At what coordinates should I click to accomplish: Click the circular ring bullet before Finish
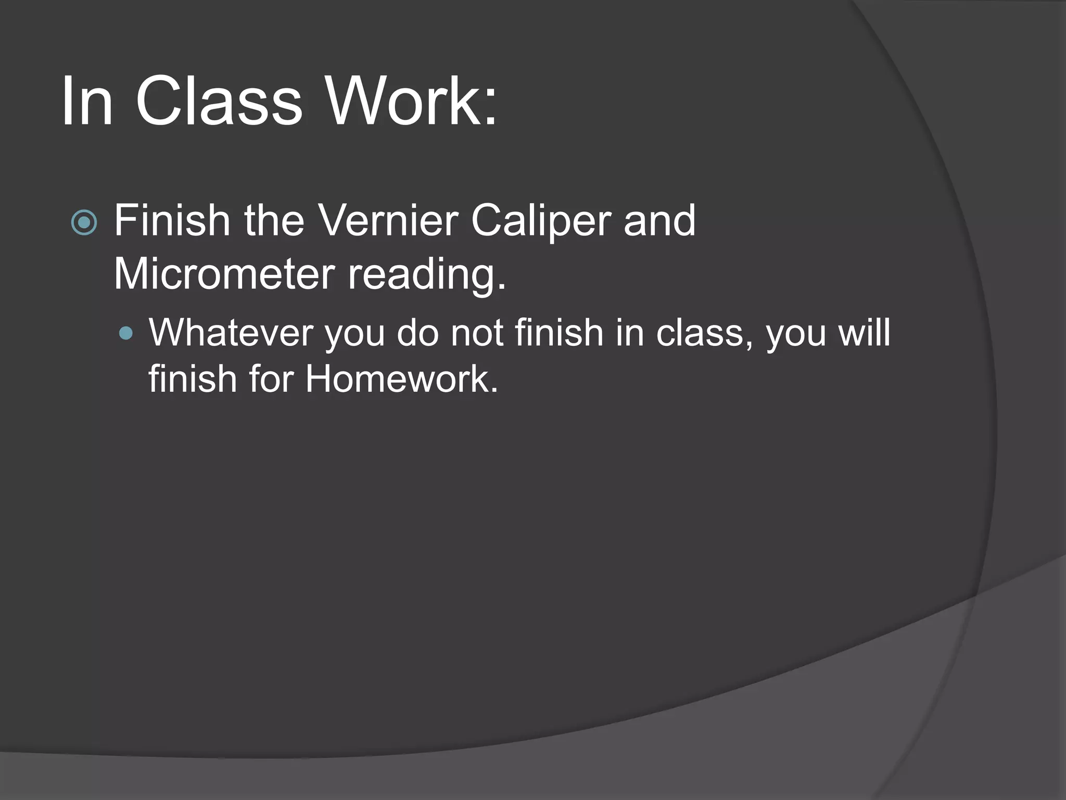(84, 223)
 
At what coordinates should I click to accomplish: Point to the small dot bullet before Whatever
(125, 333)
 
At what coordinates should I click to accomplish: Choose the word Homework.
(401, 379)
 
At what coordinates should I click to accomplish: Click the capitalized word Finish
(172, 220)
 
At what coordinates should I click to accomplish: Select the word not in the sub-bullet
(477, 332)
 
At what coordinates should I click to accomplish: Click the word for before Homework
(271, 379)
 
